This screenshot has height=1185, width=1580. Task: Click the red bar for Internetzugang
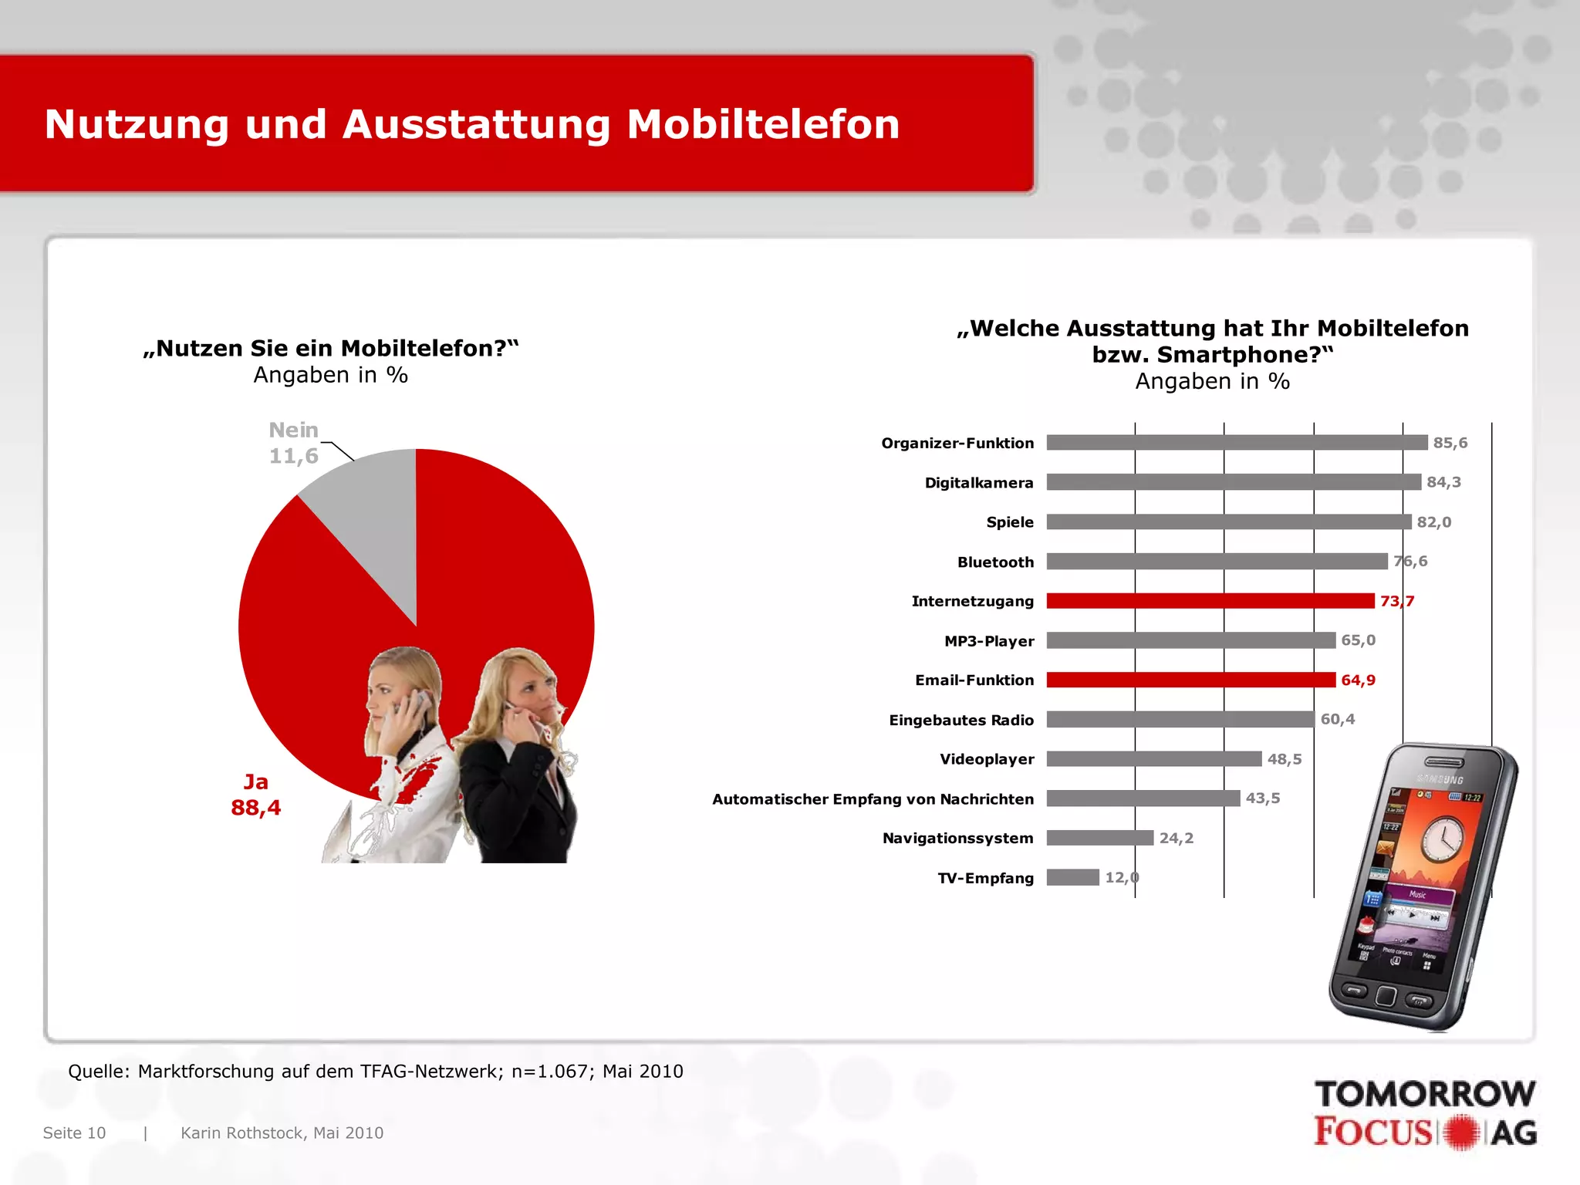point(1210,601)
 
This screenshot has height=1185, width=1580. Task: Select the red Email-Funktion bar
point(1190,680)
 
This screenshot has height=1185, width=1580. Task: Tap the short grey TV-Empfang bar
point(1072,877)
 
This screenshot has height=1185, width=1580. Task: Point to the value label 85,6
point(1450,443)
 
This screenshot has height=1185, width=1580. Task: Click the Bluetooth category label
point(995,562)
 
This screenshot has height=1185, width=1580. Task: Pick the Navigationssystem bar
point(1099,838)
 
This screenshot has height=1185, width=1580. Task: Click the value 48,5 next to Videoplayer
point(1284,759)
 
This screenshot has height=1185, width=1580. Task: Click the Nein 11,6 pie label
point(293,443)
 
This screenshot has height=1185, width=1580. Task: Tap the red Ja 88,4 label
point(255,795)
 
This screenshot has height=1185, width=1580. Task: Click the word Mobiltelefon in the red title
point(762,124)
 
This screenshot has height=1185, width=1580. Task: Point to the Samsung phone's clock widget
point(1441,839)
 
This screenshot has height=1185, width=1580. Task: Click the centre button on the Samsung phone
point(1386,996)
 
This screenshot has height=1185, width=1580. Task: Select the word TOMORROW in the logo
point(1424,1094)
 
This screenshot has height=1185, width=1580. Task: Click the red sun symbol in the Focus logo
point(1461,1133)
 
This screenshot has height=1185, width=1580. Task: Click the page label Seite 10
point(74,1133)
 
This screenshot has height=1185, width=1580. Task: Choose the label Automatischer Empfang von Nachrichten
point(873,799)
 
